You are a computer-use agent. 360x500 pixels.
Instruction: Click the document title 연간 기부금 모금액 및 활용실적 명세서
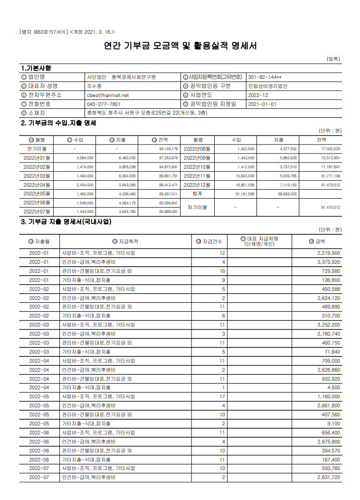tap(180, 46)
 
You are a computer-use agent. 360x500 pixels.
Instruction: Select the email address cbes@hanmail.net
tap(107, 95)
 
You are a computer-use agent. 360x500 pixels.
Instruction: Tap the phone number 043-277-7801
tap(104, 104)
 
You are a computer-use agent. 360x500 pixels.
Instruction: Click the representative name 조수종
tap(94, 86)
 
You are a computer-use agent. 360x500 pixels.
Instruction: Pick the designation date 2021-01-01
tap(262, 104)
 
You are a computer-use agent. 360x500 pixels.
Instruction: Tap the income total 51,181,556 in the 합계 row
tap(245, 194)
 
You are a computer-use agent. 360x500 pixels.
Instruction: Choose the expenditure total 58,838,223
tap(286, 194)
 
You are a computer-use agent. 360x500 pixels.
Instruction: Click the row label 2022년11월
tap(197, 176)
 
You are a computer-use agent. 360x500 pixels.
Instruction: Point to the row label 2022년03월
tap(37, 176)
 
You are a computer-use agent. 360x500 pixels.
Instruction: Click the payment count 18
tap(222, 271)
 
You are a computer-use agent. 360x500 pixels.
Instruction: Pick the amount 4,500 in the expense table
tap(332, 387)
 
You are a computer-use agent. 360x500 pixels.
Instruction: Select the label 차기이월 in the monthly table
tap(198, 207)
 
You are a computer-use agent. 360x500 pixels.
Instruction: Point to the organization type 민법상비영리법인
tap(267, 86)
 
